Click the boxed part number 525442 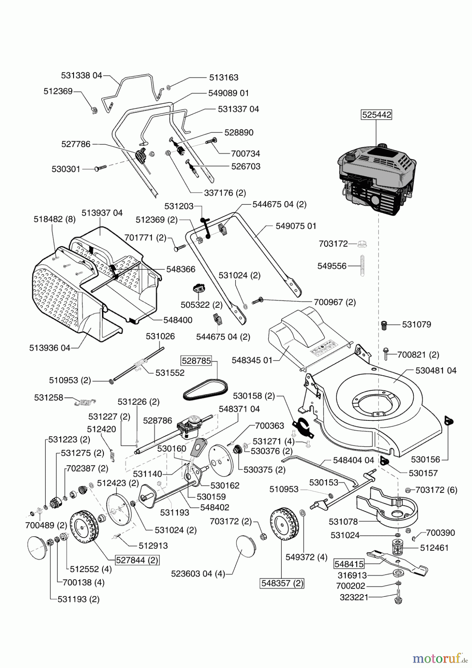tap(377, 115)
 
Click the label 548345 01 tap(252, 360)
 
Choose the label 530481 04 tap(436, 370)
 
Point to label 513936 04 tap(50, 348)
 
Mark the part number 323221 tap(354, 597)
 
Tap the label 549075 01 tap(296, 226)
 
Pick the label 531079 tap(417, 324)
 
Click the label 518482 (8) tap(55, 219)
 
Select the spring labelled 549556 tap(361, 266)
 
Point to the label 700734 tap(246, 153)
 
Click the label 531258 tap(49, 397)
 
